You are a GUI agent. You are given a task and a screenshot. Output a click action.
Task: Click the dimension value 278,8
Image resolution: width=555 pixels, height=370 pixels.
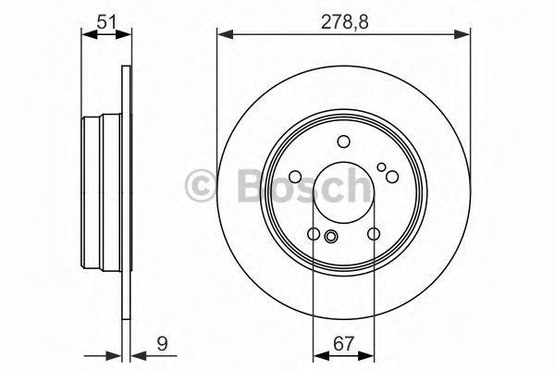point(344,22)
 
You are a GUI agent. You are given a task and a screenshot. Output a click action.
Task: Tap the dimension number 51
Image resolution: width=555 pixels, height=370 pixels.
point(106,22)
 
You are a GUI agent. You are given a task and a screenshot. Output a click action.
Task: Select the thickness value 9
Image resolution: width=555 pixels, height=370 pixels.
point(162,343)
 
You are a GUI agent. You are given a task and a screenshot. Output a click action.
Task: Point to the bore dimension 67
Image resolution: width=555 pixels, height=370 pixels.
point(344,344)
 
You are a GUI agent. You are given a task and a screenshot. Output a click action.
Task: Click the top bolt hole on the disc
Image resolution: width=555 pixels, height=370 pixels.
point(343,142)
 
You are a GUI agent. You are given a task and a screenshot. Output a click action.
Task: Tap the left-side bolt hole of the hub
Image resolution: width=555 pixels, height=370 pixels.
point(295,176)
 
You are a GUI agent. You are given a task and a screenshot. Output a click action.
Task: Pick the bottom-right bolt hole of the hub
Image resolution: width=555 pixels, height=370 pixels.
point(374,234)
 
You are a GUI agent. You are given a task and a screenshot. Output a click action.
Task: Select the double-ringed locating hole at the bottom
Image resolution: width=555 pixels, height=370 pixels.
point(331,236)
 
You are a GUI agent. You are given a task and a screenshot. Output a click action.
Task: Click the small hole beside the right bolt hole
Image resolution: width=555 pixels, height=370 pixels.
point(381,166)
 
